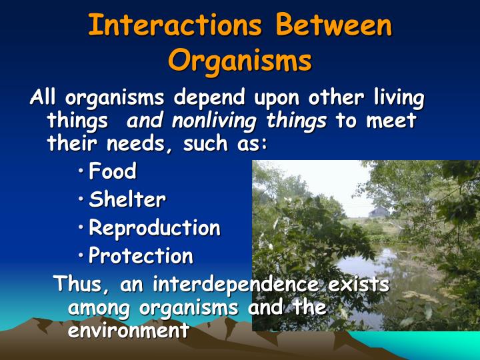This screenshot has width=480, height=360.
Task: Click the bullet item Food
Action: [x=113, y=171]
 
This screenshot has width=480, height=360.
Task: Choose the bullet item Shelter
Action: [x=127, y=199]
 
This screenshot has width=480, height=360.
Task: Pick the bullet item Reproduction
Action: [x=154, y=228]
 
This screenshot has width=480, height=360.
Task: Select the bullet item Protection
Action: [x=141, y=256]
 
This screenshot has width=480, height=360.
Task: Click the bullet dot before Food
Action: [x=81, y=173]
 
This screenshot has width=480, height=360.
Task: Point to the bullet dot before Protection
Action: [x=81, y=257]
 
